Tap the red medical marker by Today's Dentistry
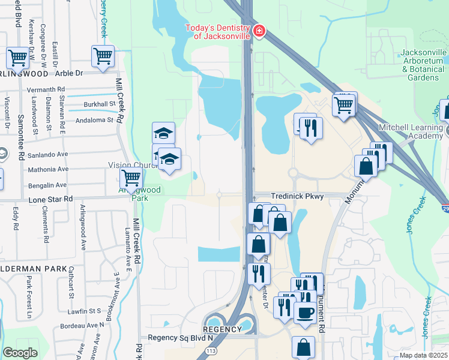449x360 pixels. click(259, 31)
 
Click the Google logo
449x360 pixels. click(20, 353)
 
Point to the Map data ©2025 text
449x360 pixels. click(423, 355)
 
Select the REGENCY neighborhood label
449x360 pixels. click(221, 329)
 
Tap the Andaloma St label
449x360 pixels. click(94, 121)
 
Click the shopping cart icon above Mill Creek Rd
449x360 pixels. click(103, 57)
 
